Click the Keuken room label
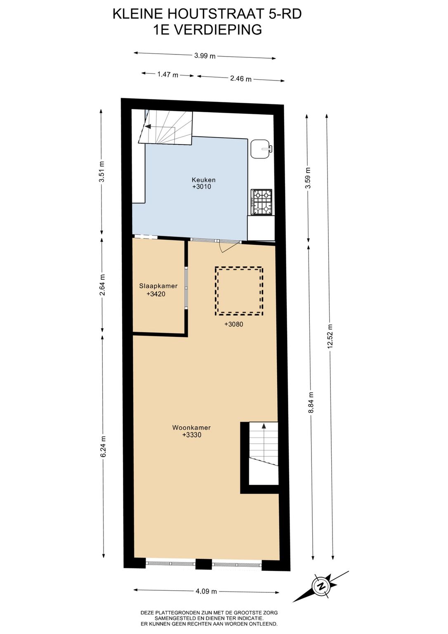pyautogui.click(x=203, y=180)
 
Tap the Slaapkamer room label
pyautogui.click(x=158, y=286)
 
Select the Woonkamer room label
pyautogui.click(x=191, y=428)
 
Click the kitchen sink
pyautogui.click(x=262, y=149)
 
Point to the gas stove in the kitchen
pyautogui.click(x=262, y=202)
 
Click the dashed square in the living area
pyautogui.click(x=239, y=291)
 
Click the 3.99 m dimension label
pyautogui.click(x=205, y=56)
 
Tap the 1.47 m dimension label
pyautogui.click(x=168, y=75)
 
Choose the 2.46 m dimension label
pyautogui.click(x=241, y=78)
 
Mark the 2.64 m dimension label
pyautogui.click(x=102, y=285)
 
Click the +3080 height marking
pyautogui.click(x=233, y=324)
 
